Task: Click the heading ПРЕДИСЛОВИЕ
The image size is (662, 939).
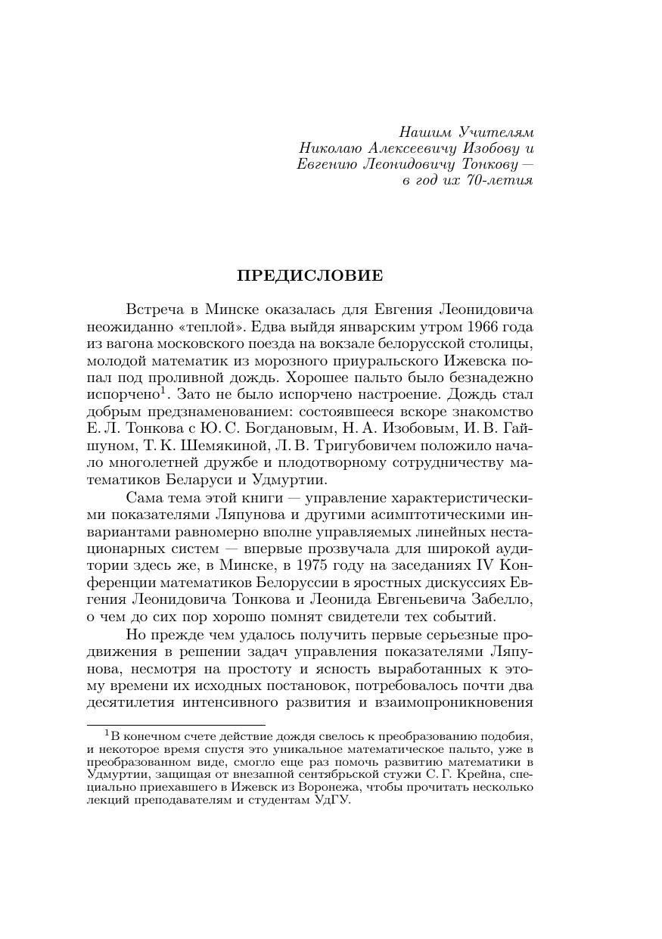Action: click(310, 275)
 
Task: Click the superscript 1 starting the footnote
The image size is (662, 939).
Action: click(107, 732)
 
